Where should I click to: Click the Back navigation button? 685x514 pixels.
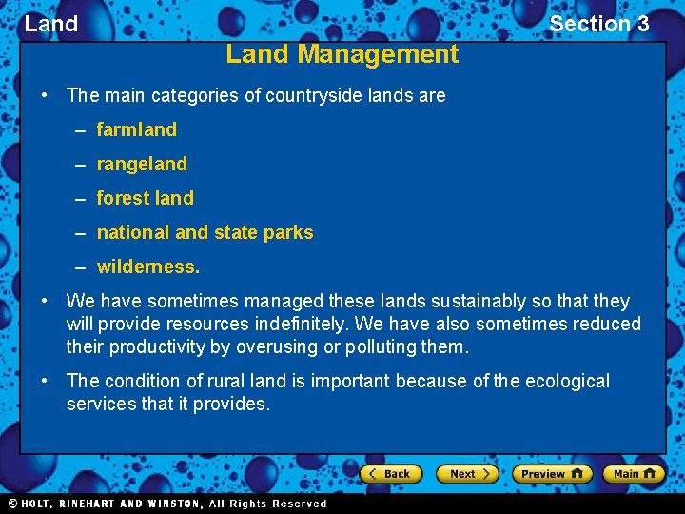(x=388, y=473)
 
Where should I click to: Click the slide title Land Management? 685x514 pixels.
(x=342, y=54)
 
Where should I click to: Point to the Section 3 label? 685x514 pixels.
(x=598, y=24)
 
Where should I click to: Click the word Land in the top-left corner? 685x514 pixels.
(x=51, y=24)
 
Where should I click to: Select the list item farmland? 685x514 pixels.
(x=136, y=129)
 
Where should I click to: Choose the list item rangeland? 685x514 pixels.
(x=142, y=164)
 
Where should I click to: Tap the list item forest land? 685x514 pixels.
(x=145, y=198)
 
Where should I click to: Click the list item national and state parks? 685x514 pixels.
(x=205, y=232)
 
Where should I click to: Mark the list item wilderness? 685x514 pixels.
(x=147, y=267)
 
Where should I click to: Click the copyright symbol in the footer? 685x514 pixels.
(x=12, y=504)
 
